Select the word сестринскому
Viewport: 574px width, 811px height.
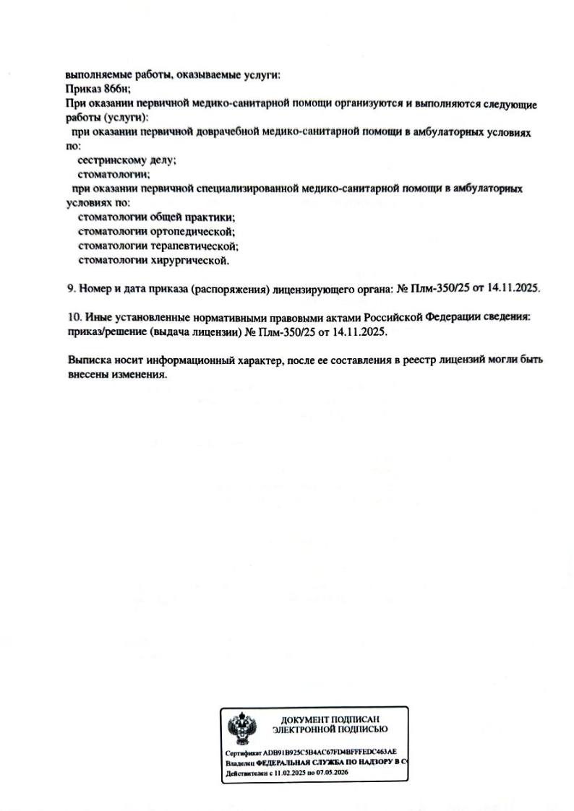(x=109, y=162)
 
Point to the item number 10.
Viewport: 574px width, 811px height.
(x=72, y=317)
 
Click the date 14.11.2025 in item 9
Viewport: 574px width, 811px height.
(x=514, y=288)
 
